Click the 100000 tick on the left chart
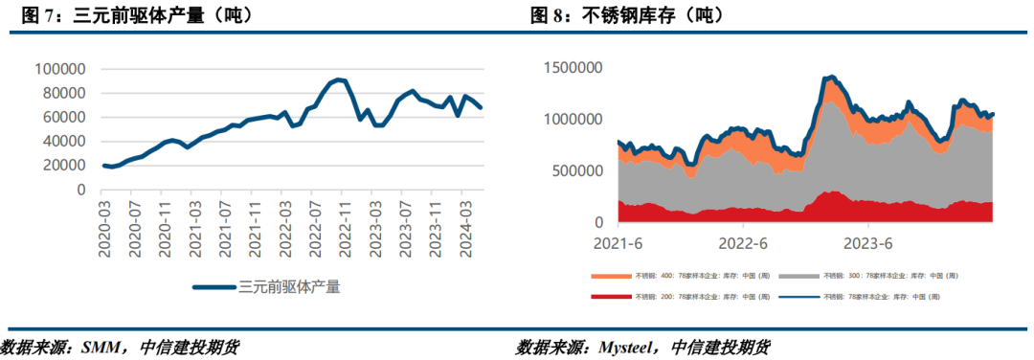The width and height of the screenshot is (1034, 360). click(59, 69)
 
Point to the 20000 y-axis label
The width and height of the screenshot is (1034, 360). click(63, 165)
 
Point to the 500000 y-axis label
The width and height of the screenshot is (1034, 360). click(581, 171)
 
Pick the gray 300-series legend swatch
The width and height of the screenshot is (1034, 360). click(788, 275)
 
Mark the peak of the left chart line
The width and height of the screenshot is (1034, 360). click(338, 79)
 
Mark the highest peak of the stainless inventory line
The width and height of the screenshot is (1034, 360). click(831, 77)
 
